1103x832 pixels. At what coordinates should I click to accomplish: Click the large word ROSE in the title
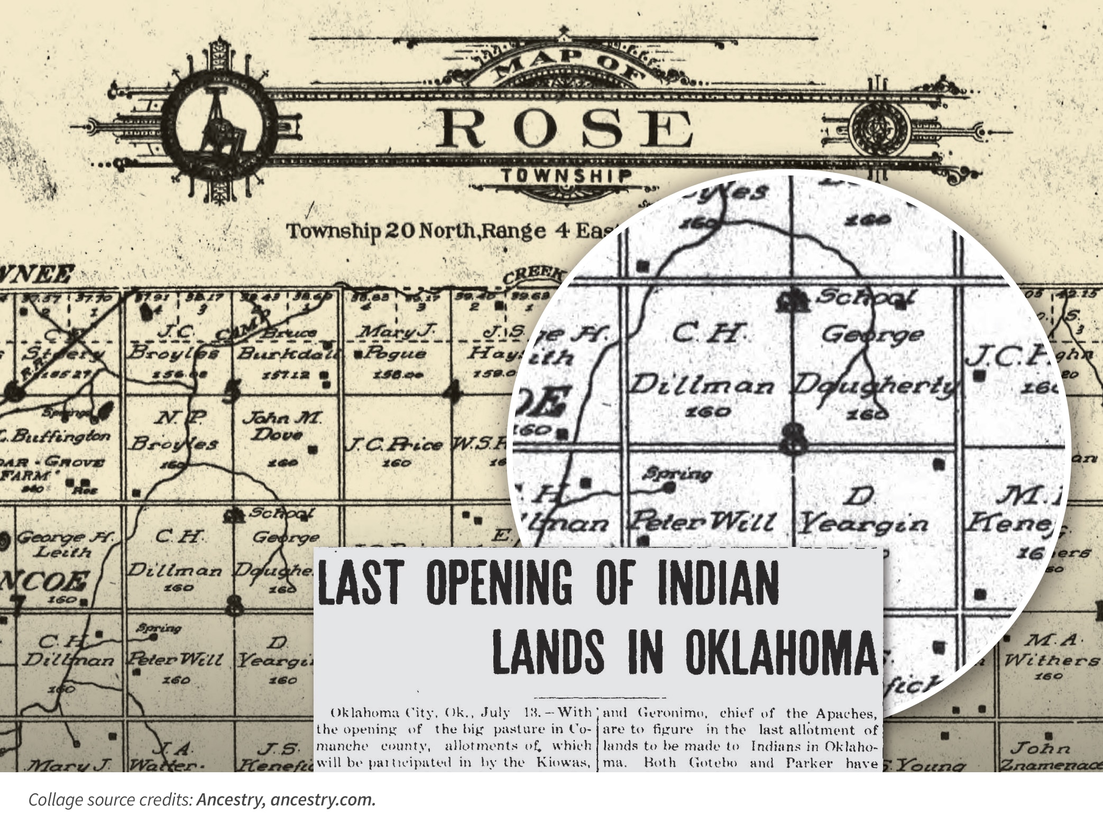pyautogui.click(x=564, y=129)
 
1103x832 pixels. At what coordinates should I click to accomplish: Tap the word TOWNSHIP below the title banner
pyautogui.click(x=566, y=176)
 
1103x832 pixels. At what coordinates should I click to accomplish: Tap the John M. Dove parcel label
pyautogui.click(x=281, y=426)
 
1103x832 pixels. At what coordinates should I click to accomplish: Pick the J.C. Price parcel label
pyautogui.click(x=394, y=445)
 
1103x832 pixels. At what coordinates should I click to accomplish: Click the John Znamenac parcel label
pyautogui.click(x=1050, y=757)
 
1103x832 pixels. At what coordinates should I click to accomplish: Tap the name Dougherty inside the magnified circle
pyautogui.click(x=875, y=386)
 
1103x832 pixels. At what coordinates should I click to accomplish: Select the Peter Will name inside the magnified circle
pyautogui.click(x=701, y=523)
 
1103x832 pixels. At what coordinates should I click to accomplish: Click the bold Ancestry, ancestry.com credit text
pyautogui.click(x=286, y=800)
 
